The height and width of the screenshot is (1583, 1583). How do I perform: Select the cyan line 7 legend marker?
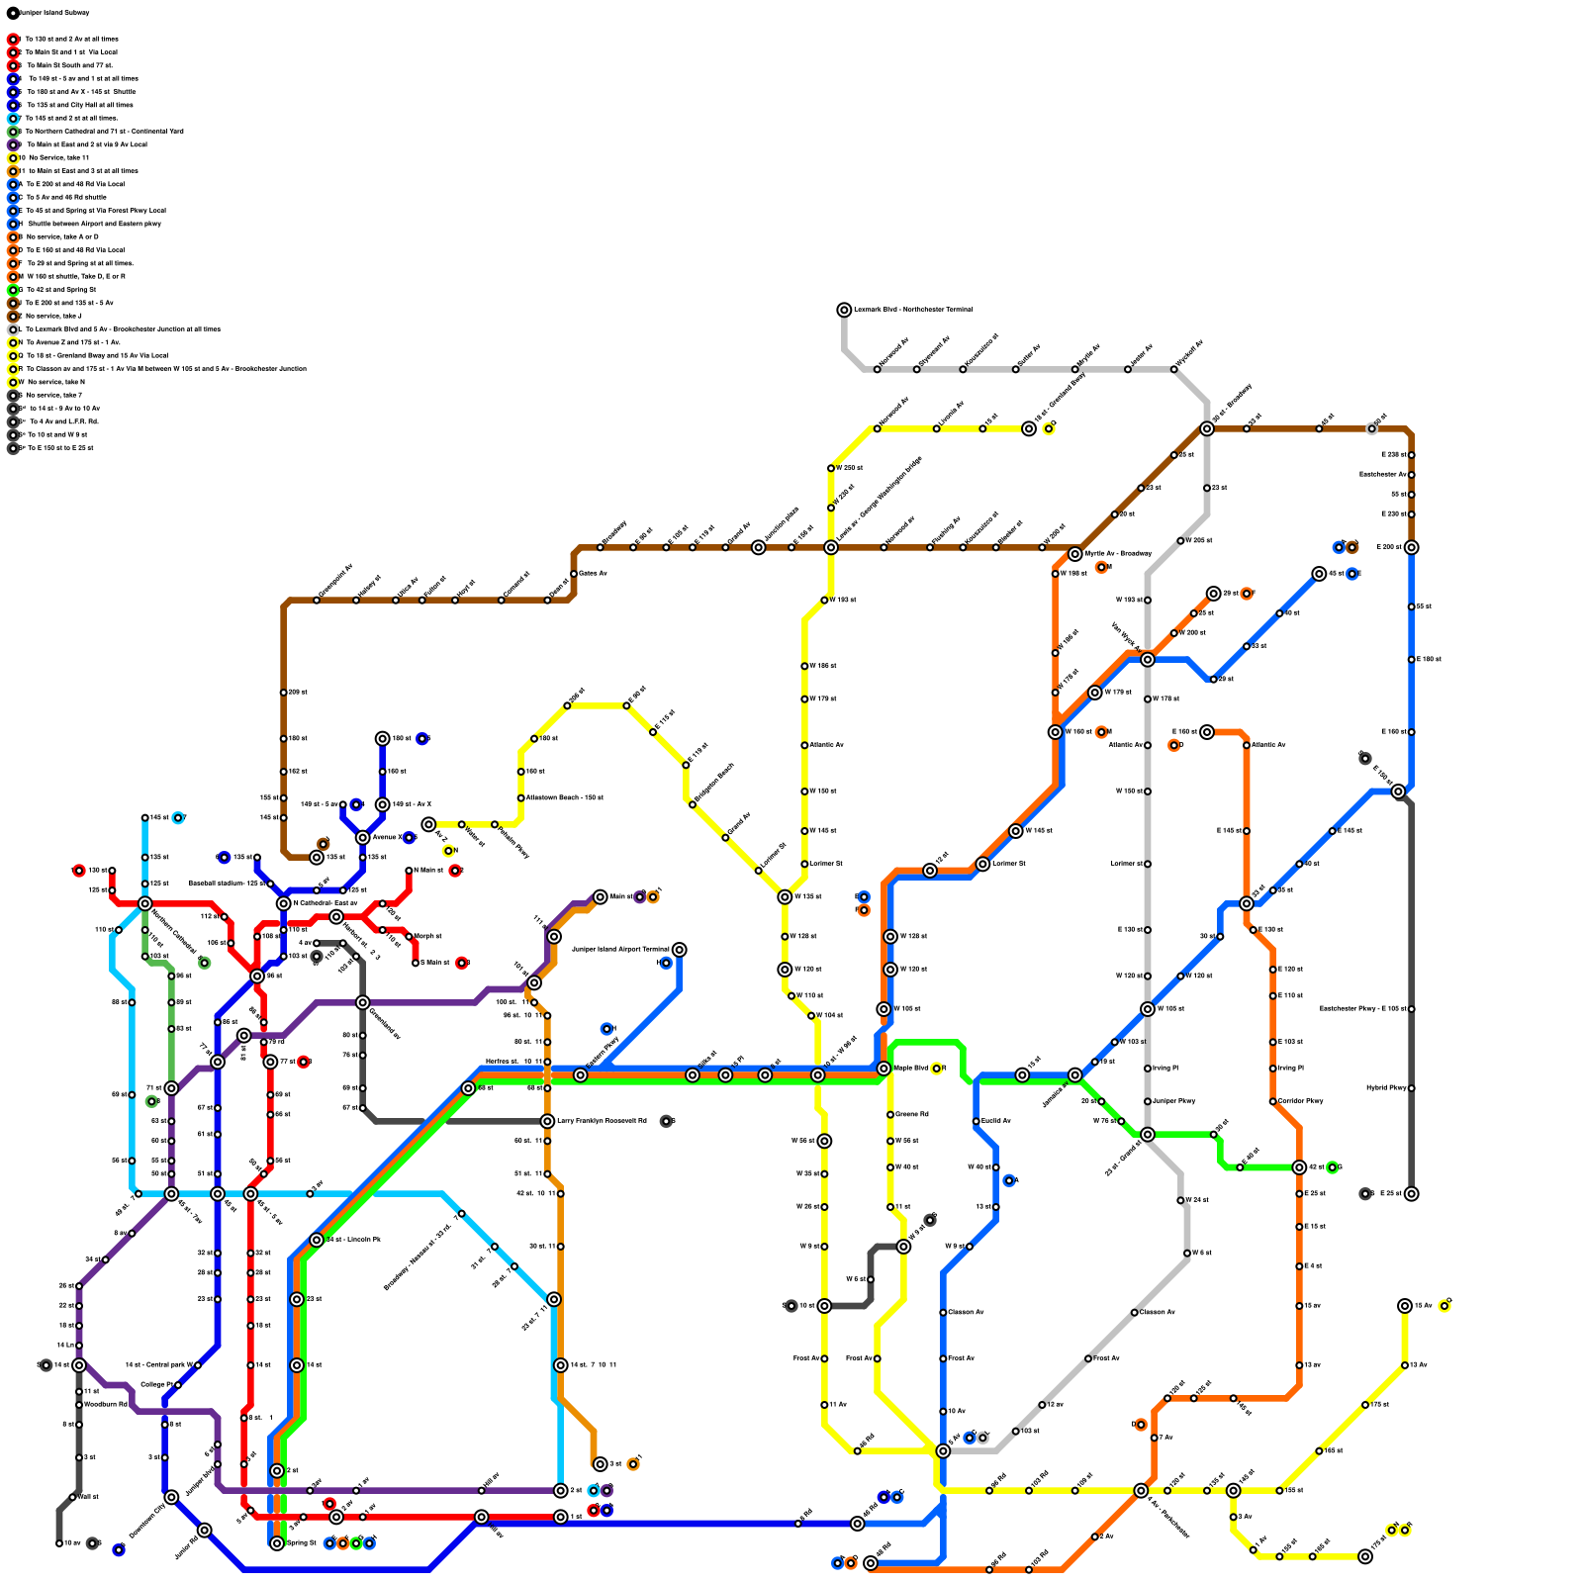pyautogui.click(x=13, y=118)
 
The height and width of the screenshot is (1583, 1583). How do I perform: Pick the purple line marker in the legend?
pyautogui.click(x=13, y=144)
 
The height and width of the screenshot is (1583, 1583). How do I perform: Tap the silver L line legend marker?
pyautogui.click(x=13, y=329)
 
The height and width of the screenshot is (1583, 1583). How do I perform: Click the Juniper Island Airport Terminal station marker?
pyautogui.click(x=679, y=950)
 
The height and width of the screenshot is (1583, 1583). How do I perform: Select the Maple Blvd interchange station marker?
pyautogui.click(x=884, y=1069)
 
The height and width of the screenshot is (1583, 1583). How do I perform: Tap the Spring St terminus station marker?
pyautogui.click(x=277, y=1543)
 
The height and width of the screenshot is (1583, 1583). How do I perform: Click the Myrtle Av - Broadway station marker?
pyautogui.click(x=1075, y=554)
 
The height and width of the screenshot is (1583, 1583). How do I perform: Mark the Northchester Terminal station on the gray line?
pyautogui.click(x=844, y=310)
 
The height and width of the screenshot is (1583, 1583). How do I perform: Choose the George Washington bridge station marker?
pyautogui.click(x=831, y=547)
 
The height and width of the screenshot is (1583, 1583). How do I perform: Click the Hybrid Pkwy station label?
pyautogui.click(x=1386, y=1088)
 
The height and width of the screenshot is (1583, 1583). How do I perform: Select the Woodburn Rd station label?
pyautogui.click(x=106, y=1405)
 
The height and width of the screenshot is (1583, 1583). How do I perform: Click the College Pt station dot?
pyautogui.click(x=178, y=1385)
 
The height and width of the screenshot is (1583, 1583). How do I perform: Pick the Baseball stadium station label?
pyautogui.click(x=227, y=884)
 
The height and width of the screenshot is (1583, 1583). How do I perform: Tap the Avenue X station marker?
pyautogui.click(x=363, y=838)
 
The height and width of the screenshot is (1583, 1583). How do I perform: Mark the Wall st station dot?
pyautogui.click(x=73, y=1497)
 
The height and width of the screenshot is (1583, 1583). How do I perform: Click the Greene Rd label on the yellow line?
pyautogui.click(x=912, y=1115)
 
